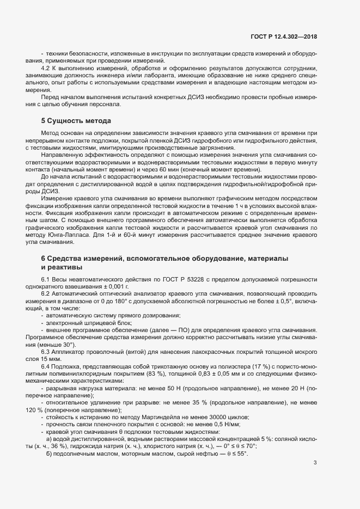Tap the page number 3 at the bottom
[x=315, y=463]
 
